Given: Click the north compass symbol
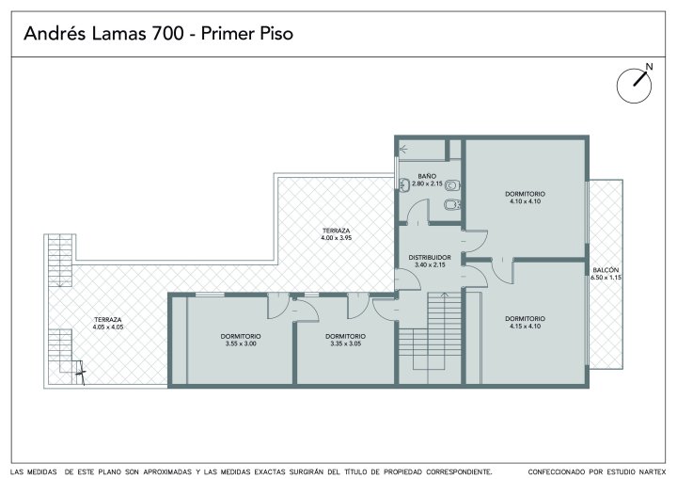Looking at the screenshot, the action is (634, 85).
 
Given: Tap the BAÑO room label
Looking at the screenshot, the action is (427, 176).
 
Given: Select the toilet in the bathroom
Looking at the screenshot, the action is (452, 185).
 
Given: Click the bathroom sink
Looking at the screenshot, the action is (404, 185).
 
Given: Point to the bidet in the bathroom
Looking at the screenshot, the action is (452, 204).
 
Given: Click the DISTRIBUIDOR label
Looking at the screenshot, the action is (430, 258).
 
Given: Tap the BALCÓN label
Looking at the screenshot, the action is (606, 270).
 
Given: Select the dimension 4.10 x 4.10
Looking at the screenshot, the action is (525, 201).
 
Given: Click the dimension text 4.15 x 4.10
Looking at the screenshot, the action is (525, 327).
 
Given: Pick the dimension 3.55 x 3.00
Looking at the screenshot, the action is (241, 343).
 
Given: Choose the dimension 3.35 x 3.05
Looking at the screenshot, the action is (345, 343).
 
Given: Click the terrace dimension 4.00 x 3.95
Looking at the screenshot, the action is (336, 238).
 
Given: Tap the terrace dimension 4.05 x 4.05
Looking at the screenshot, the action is (108, 327).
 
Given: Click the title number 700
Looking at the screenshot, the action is (166, 34).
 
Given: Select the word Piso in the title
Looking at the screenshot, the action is (276, 34).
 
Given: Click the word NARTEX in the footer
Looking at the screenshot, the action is (651, 471).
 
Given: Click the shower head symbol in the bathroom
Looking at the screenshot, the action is (402, 150).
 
